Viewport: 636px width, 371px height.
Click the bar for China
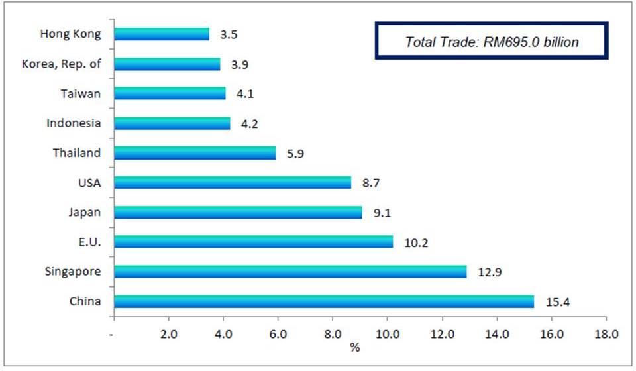point(323,301)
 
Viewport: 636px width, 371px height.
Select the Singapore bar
point(290,272)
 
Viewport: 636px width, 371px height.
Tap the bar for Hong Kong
point(162,34)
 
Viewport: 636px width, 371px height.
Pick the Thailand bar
point(195,153)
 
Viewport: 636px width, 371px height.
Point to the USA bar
point(233,183)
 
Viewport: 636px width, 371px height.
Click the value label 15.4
point(558,303)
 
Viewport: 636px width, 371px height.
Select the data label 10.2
point(417,242)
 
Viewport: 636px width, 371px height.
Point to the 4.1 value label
point(244,94)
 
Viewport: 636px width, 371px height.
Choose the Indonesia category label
point(74,123)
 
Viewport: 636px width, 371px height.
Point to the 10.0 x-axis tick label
point(387,335)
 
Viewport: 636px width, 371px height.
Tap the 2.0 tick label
point(168,335)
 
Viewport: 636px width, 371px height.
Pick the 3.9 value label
point(239,64)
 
